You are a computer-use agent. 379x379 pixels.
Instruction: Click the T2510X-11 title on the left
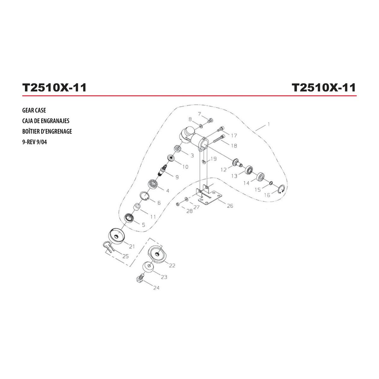click(x=54, y=87)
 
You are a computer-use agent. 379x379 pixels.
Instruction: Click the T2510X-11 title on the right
click(x=324, y=87)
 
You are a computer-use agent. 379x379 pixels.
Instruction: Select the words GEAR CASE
click(x=34, y=110)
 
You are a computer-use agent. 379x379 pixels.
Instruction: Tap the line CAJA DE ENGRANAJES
click(x=46, y=121)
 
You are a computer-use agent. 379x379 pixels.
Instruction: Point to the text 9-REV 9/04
click(x=35, y=142)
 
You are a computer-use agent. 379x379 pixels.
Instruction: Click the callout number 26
click(x=230, y=206)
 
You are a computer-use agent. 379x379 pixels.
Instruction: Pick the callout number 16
click(x=267, y=195)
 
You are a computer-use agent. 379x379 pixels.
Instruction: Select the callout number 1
click(x=268, y=124)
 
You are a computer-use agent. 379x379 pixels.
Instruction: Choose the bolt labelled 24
click(x=140, y=278)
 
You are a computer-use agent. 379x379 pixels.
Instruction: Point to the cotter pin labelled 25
click(x=108, y=246)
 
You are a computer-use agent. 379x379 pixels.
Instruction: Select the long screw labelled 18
click(x=219, y=138)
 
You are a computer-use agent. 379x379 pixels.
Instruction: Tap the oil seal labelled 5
click(x=129, y=218)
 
